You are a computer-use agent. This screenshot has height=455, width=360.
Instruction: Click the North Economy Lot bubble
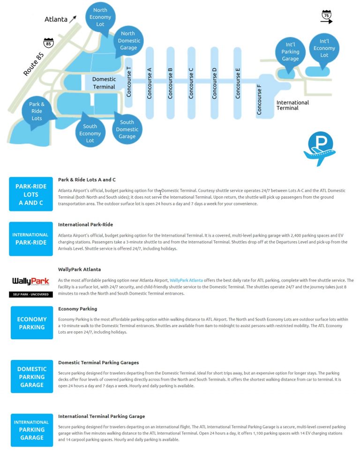(100, 17)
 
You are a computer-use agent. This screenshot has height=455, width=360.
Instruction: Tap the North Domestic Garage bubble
(128, 40)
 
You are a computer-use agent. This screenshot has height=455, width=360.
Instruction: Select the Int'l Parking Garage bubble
(290, 52)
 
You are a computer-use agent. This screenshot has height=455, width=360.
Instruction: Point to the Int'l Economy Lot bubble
(324, 48)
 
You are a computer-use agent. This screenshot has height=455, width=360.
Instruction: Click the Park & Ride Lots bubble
(37, 111)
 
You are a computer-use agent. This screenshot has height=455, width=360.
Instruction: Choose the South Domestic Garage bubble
(127, 129)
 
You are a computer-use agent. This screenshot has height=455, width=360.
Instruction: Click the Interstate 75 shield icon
(326, 15)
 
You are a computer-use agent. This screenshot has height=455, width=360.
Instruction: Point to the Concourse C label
(191, 83)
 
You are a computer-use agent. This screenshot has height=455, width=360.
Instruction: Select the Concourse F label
(259, 99)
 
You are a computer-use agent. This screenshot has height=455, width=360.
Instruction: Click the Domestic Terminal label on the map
(104, 83)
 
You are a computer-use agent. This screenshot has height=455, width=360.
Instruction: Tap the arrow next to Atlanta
(73, 19)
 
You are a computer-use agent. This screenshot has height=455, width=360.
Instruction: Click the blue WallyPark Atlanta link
(186, 280)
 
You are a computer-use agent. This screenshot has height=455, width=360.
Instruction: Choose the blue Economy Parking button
(32, 323)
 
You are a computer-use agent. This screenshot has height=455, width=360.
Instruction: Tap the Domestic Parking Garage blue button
(32, 377)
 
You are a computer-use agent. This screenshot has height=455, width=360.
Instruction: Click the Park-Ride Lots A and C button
(31, 194)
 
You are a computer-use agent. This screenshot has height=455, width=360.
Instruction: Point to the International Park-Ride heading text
(85, 224)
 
